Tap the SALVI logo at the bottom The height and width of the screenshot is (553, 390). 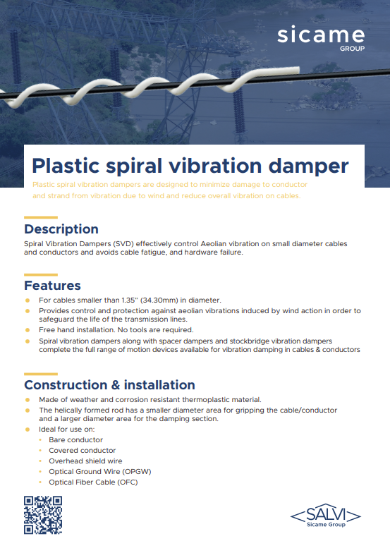click(326, 516)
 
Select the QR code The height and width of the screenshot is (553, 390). click(43, 515)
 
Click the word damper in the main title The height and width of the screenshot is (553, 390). click(309, 166)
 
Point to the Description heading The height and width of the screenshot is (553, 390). click(61, 229)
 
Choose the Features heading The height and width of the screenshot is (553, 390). click(52, 285)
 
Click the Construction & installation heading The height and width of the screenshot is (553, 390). click(110, 385)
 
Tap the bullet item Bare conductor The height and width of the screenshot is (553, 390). click(76, 440)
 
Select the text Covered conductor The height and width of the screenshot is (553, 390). click(82, 450)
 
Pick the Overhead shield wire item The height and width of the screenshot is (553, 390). click(85, 461)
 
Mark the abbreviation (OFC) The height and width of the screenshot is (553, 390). click(127, 482)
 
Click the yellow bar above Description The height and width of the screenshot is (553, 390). click(41, 217)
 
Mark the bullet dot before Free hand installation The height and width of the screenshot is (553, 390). click(28, 330)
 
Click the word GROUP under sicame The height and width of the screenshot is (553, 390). click(353, 49)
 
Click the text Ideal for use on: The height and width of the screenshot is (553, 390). click(66, 429)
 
